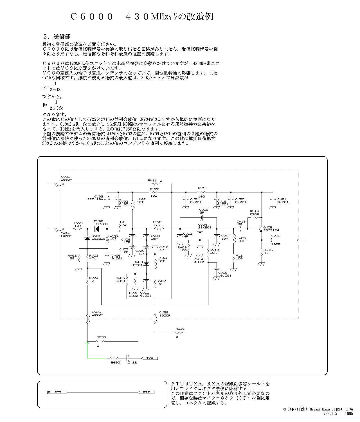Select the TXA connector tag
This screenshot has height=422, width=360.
(x=150, y=358)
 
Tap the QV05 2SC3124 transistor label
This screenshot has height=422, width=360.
(x=271, y=229)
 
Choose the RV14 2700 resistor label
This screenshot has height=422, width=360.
(x=254, y=213)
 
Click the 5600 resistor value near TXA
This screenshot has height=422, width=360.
(x=115, y=362)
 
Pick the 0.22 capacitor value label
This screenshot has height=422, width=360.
(x=132, y=362)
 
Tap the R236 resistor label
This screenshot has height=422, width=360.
(x=180, y=329)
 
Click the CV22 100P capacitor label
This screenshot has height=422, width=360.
(x=276, y=240)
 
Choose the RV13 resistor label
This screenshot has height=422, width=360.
(x=202, y=188)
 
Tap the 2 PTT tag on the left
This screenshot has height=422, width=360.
(x=57, y=392)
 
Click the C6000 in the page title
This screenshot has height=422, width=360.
(x=92, y=17)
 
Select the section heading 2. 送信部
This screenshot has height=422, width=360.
(x=57, y=37)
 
